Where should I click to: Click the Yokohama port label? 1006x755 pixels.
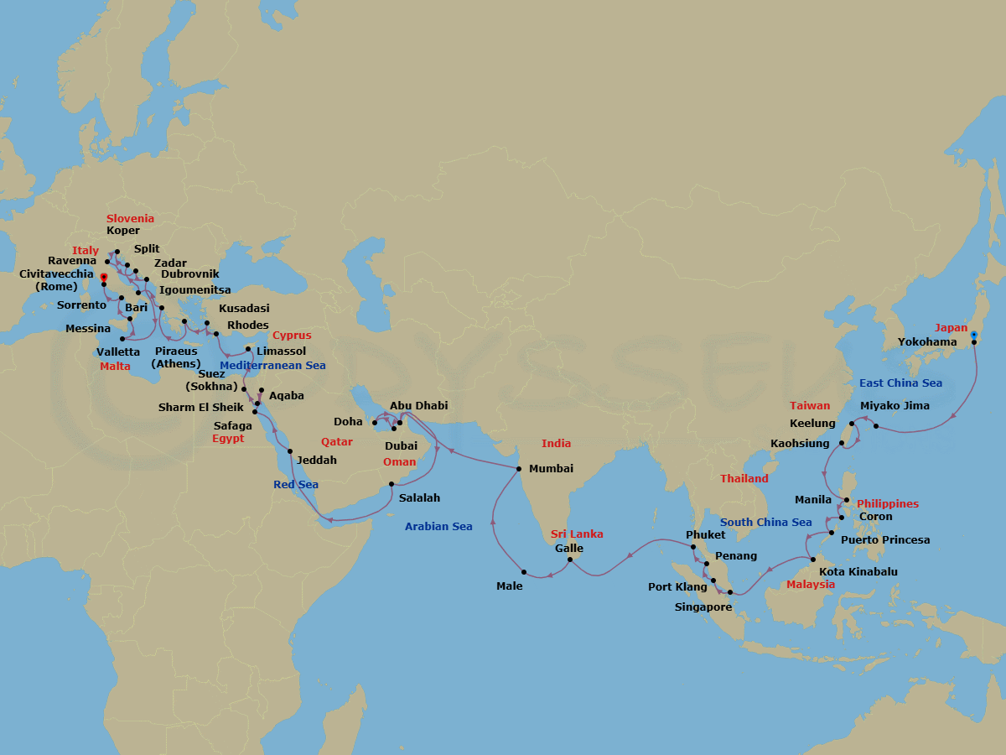(x=927, y=342)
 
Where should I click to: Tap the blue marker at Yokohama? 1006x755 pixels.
(x=973, y=335)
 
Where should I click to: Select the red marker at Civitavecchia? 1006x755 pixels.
(x=103, y=277)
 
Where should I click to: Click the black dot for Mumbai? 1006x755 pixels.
(x=519, y=469)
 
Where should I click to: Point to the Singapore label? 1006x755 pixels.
(x=703, y=607)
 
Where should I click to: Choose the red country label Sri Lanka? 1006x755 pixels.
(x=577, y=534)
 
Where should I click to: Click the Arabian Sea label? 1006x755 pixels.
(x=438, y=527)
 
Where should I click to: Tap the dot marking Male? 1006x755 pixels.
(x=523, y=572)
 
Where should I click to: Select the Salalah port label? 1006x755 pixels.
(x=419, y=497)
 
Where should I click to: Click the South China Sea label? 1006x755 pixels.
(x=766, y=523)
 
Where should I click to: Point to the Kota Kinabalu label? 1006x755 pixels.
(x=858, y=572)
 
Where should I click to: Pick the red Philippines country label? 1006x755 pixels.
(x=888, y=504)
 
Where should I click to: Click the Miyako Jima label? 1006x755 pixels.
(x=895, y=406)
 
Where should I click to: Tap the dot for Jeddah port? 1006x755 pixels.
(x=290, y=451)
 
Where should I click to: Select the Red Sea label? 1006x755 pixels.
(x=295, y=485)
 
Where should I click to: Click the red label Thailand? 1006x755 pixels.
(x=744, y=479)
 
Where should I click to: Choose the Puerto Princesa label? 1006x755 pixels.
(x=885, y=540)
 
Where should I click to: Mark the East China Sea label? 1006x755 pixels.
(x=900, y=383)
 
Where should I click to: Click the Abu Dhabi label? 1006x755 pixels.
(x=418, y=406)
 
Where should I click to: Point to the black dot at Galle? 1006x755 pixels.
(x=569, y=559)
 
